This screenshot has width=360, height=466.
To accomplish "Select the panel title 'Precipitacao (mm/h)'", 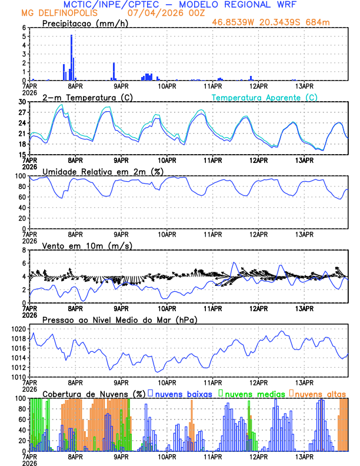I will click(84, 24).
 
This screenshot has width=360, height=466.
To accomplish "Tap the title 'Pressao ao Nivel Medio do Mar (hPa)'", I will click(119, 319).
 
